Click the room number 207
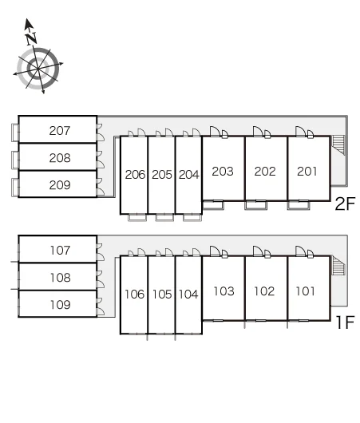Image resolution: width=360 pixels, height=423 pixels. point(60,131)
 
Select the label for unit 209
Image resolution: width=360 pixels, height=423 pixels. point(60,185)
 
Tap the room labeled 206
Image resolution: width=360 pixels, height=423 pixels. point(135,175)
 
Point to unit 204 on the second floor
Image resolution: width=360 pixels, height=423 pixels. point(188,175)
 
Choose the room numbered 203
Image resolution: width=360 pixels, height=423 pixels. point(223,172)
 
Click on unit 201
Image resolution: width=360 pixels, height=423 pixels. point(307,172)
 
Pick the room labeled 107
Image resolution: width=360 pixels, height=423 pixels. point(60,251)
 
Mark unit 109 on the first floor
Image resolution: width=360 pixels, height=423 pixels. point(61,305)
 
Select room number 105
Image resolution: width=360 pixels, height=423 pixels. point(162,295)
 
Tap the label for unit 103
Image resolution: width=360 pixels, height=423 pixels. point(224,291)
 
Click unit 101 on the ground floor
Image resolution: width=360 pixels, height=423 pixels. point(305,291)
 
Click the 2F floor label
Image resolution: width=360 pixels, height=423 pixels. point(345,204)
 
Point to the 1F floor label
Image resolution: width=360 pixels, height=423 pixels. point(346,322)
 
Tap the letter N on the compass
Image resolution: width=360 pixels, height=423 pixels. point(32,38)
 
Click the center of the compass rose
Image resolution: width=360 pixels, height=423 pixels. point(38,69)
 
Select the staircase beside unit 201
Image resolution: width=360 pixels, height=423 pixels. point(338,145)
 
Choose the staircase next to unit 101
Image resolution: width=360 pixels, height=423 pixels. point(338,266)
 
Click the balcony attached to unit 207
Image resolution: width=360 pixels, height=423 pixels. point(15,132)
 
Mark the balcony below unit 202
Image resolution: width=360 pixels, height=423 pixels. point(256,205)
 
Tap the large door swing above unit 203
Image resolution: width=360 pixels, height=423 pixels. point(215,132)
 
